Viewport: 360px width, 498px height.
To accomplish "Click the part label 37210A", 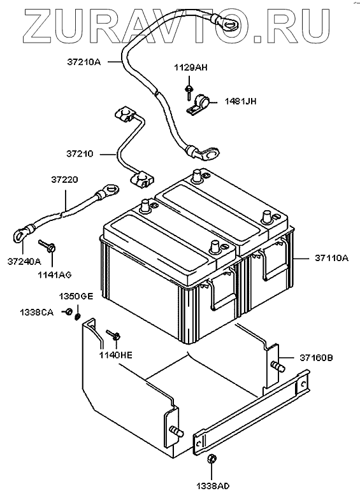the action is click(83, 62).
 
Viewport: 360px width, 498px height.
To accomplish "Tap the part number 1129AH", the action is click(191, 68).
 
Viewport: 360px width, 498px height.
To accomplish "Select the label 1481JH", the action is click(240, 102).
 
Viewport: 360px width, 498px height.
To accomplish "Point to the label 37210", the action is click(80, 153).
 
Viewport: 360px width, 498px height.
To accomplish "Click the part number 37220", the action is click(64, 180).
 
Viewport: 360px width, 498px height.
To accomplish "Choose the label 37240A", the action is click(24, 261).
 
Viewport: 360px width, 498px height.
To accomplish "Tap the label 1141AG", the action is click(55, 274).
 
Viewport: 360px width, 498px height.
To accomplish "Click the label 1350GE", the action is click(76, 296).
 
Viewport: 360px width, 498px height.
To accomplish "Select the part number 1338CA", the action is click(36, 313).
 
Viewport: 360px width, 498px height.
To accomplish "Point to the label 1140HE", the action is click(115, 355).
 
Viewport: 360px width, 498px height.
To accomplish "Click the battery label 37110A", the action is click(331, 258).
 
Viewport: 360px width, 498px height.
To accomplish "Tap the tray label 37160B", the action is click(316, 358).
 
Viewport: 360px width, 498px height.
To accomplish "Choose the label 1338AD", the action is click(213, 486).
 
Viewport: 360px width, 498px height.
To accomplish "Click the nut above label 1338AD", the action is click(212, 459).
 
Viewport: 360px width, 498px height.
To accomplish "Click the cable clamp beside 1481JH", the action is click(198, 104).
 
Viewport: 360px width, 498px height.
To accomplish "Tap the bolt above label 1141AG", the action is click(48, 246).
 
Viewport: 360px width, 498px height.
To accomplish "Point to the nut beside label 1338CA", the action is click(68, 312).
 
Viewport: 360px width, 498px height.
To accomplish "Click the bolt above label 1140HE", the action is click(113, 334).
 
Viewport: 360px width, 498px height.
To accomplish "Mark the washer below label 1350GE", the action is click(77, 317).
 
